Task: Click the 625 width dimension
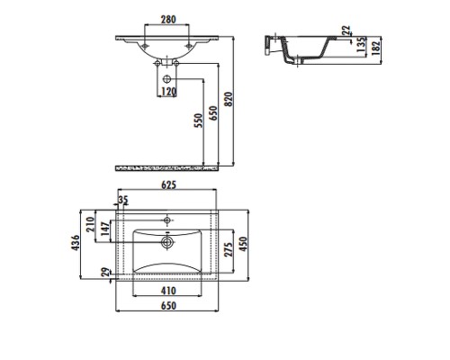(x=167, y=185)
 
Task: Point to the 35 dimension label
(x=123, y=200)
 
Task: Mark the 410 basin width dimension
(x=168, y=292)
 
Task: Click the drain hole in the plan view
(x=167, y=240)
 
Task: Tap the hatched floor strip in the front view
(x=168, y=167)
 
